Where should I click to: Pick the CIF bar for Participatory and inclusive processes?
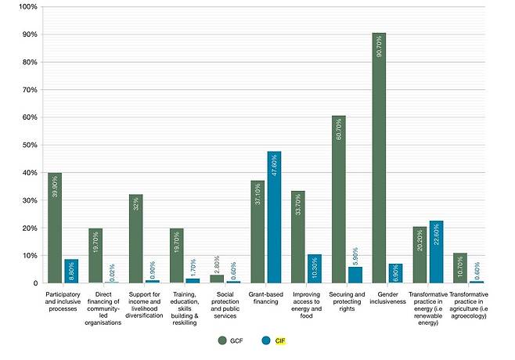[71, 271]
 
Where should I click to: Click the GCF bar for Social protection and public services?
[217, 279]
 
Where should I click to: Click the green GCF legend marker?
[222, 340]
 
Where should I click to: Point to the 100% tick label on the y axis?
[27, 7]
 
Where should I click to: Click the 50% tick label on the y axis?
[28, 145]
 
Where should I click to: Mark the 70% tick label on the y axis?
[28, 90]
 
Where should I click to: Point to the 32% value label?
[136, 204]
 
